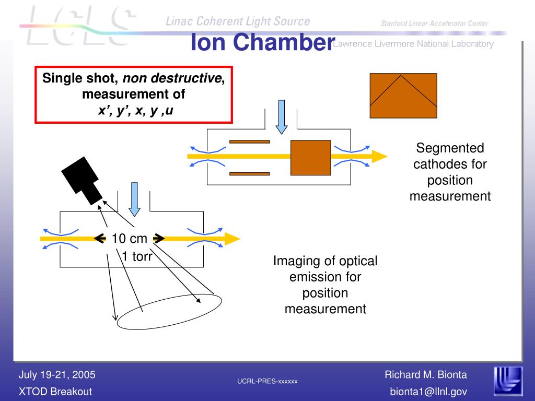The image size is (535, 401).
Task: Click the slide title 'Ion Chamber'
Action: point(262,42)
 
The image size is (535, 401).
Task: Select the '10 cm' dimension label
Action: point(130,239)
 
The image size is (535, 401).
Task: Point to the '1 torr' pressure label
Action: point(137,256)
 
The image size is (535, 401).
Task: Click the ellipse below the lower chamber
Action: point(169,313)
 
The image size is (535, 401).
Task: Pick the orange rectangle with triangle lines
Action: point(403,96)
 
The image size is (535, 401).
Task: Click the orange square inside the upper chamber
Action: point(310,157)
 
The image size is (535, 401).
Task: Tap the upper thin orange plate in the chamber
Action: point(249,141)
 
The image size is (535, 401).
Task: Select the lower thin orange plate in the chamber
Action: point(249,173)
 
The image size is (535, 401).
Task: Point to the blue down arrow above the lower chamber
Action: point(134,199)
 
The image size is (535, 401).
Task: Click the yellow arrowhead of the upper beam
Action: point(378,156)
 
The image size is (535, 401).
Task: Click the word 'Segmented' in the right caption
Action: point(450,148)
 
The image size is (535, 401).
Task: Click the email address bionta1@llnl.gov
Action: point(428,391)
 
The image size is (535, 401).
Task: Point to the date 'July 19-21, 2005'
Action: point(57,374)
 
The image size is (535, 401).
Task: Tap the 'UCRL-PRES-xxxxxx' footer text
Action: point(267,382)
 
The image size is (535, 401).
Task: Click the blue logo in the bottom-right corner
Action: point(507,381)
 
